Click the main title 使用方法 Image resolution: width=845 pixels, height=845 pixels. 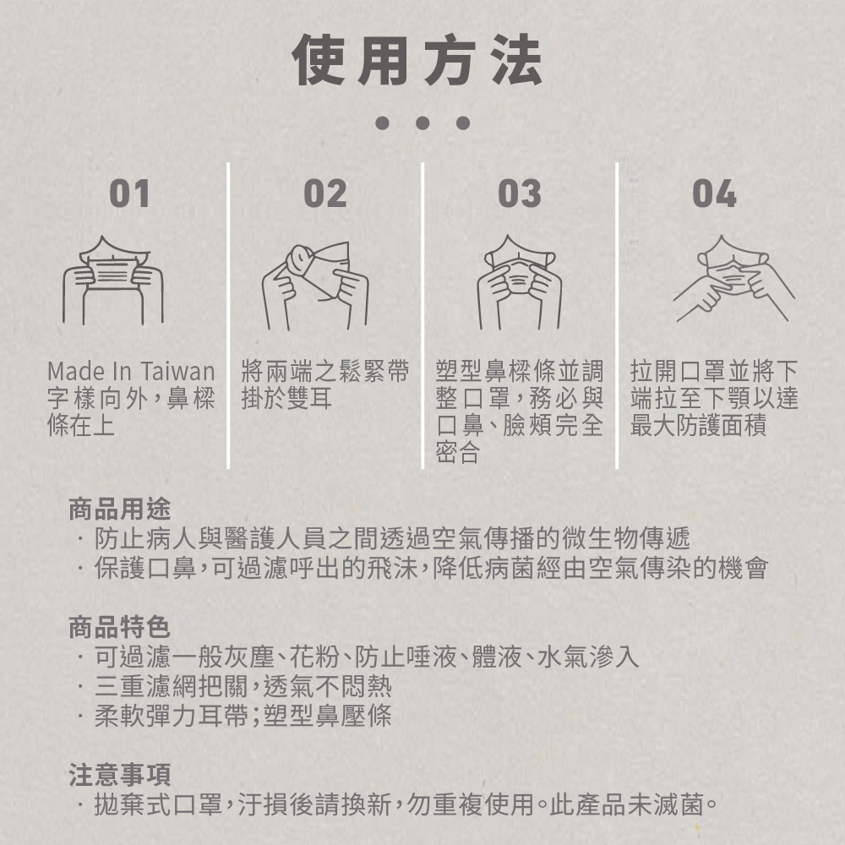click(x=417, y=60)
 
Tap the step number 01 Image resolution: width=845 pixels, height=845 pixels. click(x=129, y=194)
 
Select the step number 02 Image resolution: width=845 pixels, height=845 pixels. click(x=325, y=194)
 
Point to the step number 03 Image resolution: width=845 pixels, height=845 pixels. click(x=520, y=194)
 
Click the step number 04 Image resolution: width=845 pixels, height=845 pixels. click(x=714, y=194)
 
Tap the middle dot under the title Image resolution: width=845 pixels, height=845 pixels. click(x=422, y=123)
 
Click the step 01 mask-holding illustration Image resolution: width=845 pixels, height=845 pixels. click(x=114, y=281)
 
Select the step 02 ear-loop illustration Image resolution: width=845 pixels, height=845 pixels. click(x=316, y=286)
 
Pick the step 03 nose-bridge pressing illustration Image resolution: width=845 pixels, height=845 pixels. click(x=520, y=282)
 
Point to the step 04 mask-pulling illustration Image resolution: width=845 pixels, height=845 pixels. click(x=733, y=279)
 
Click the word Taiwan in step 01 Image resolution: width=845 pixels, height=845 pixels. click(x=178, y=371)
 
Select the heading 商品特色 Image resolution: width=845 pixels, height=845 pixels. click(x=120, y=627)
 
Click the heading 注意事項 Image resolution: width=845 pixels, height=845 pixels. click(x=120, y=775)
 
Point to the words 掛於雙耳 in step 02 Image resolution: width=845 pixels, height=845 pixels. click(x=286, y=399)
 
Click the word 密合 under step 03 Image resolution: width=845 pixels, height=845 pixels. click(x=457, y=453)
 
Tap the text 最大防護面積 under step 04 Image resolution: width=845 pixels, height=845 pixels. click(x=698, y=426)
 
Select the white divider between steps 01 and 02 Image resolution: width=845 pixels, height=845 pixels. click(x=228, y=315)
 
